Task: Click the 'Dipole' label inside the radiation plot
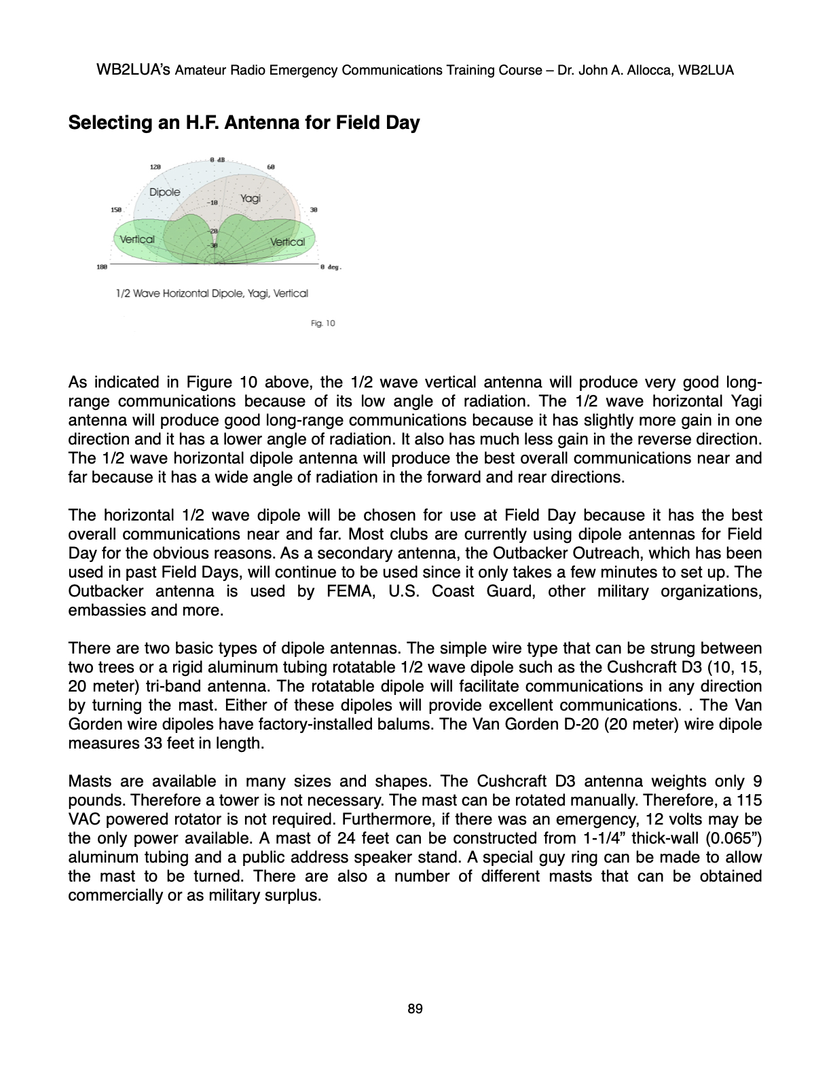(165, 192)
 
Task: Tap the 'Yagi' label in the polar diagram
(251, 198)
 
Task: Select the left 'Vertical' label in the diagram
(137, 239)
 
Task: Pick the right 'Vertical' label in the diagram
(287, 242)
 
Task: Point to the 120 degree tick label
(155, 167)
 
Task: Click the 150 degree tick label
(116, 210)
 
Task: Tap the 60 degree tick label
(270, 167)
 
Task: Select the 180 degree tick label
(102, 268)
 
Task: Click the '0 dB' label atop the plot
(217, 159)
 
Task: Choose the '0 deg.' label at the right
(330, 268)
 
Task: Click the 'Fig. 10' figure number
(322, 323)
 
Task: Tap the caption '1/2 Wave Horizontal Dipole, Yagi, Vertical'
(212, 293)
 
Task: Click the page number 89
(415, 1009)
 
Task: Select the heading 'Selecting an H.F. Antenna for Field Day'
(244, 123)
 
